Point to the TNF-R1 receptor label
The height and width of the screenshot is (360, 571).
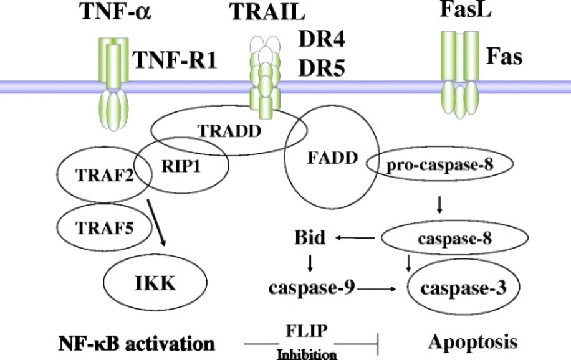click(x=175, y=61)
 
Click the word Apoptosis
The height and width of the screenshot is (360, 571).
click(x=472, y=341)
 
